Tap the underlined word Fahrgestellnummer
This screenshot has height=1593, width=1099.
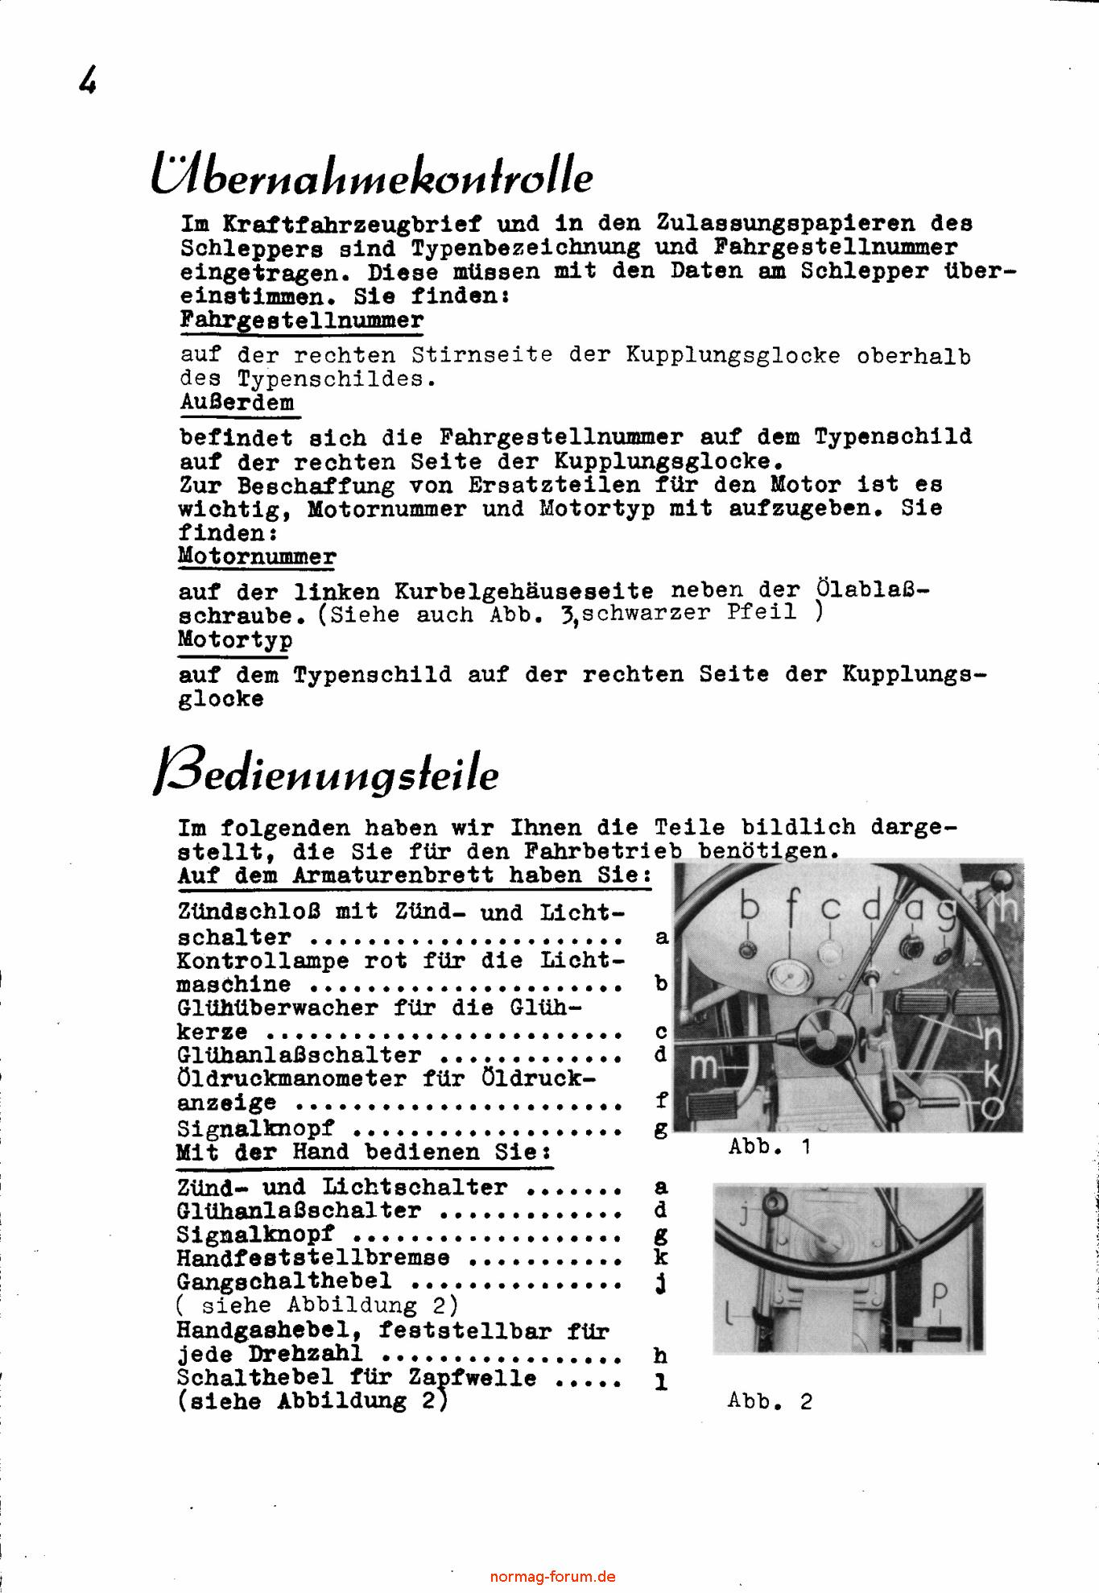click(301, 321)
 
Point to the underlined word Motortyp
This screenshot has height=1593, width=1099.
click(235, 641)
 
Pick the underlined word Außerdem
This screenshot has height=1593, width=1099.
click(238, 403)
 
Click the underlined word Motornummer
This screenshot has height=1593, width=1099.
click(257, 557)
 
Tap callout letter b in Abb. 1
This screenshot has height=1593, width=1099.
click(750, 909)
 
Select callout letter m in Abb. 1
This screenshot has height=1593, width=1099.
click(704, 1068)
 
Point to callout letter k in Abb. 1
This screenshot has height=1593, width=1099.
click(993, 1074)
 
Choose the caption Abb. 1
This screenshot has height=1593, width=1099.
click(769, 1147)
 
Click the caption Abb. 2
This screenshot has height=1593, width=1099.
click(770, 1401)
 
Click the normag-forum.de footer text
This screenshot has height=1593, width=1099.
click(552, 1577)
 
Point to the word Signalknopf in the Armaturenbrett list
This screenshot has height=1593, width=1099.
click(255, 1129)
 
